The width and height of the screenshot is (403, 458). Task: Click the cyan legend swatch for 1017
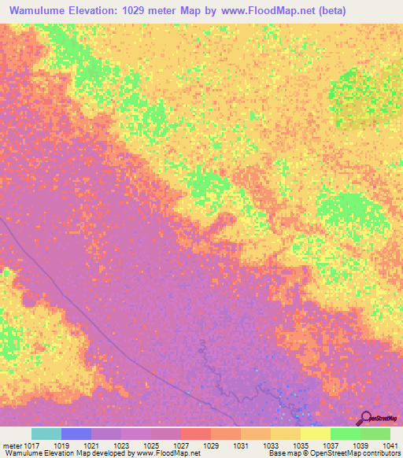[x=46, y=434]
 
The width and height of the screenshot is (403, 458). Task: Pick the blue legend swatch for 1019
[x=76, y=434]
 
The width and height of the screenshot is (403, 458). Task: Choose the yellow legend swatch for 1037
[x=316, y=434]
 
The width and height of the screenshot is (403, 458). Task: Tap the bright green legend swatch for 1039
[x=346, y=434]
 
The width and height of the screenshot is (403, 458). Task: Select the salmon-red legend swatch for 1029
[x=196, y=434]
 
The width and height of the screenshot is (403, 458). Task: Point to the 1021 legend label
[x=92, y=445]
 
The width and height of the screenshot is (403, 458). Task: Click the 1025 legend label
[x=152, y=445]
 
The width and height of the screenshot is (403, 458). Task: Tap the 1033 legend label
[x=272, y=445]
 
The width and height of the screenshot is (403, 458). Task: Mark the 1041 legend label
[x=390, y=445]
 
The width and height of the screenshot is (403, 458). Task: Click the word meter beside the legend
[x=12, y=445]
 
